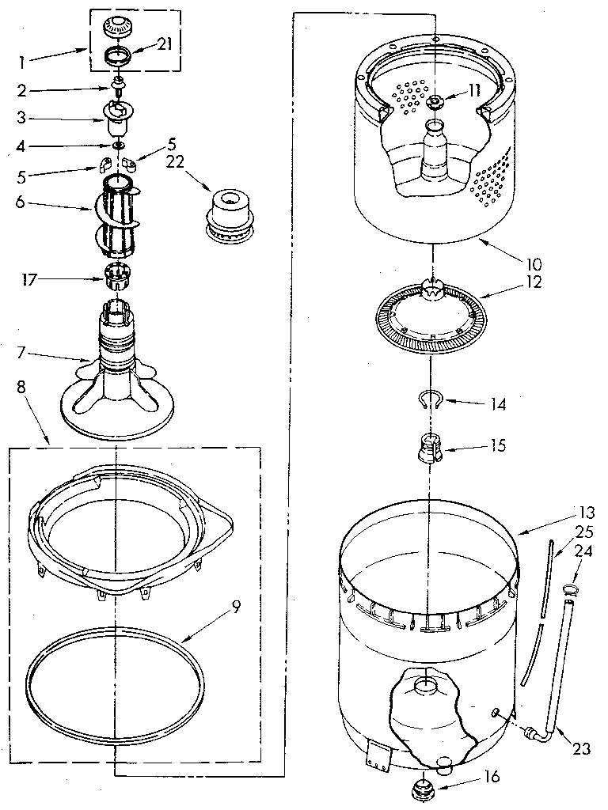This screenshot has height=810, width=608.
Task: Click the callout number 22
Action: [175, 162]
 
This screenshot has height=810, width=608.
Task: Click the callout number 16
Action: [492, 777]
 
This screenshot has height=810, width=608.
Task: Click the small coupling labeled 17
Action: [116, 278]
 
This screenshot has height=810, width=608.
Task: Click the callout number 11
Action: [473, 90]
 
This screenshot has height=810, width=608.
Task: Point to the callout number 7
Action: [22, 349]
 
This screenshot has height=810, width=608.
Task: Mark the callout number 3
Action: [21, 118]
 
